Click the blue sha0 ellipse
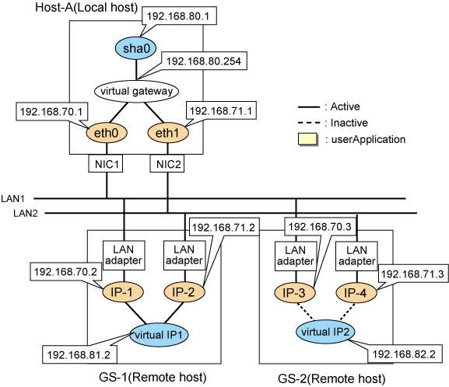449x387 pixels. [x=135, y=48]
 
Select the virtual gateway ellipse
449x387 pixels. [x=137, y=91]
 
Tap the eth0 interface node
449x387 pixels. [x=107, y=133]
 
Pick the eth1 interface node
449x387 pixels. [x=168, y=133]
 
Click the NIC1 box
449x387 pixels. [x=106, y=164]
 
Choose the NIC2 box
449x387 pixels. [x=167, y=164]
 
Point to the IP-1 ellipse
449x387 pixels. [x=123, y=292]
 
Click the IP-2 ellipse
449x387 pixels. [x=184, y=292]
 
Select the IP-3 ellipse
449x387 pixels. [x=295, y=293]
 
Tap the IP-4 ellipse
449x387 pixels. [x=356, y=293]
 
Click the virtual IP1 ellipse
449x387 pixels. [x=159, y=335]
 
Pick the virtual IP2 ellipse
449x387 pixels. [x=325, y=332]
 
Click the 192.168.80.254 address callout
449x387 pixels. [x=204, y=61]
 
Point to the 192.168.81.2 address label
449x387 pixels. [x=79, y=354]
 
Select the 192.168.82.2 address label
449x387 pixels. [x=405, y=354]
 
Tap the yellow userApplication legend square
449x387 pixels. [x=308, y=139]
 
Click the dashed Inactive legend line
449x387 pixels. [x=309, y=123]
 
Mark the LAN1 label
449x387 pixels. [x=12, y=198]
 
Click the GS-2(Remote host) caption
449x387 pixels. [x=331, y=378]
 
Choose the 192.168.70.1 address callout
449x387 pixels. [x=52, y=111]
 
